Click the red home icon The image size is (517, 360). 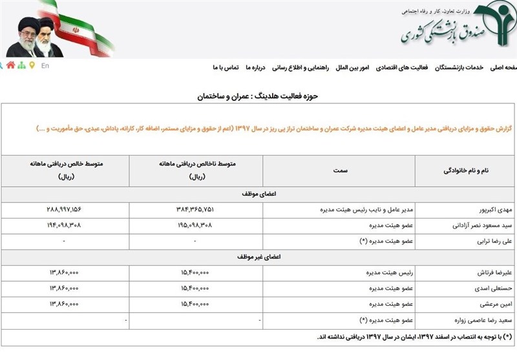(x=10, y=65)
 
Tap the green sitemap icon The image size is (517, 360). (x=21, y=65)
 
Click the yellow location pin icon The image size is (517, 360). (x=32, y=65)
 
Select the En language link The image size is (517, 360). (x=45, y=65)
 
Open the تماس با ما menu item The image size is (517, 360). (x=226, y=67)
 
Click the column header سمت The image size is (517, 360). (x=341, y=171)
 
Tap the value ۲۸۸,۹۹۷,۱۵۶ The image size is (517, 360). (x=64, y=209)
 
